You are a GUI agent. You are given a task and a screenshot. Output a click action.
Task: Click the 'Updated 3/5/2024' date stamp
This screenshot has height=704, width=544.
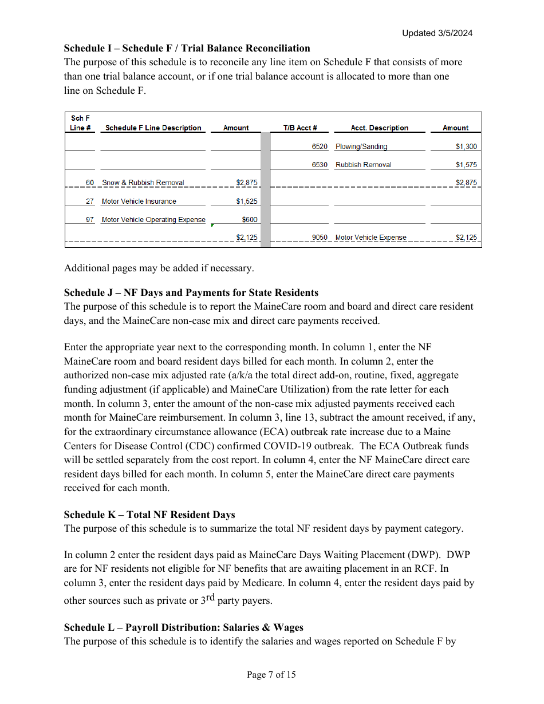point(437,33)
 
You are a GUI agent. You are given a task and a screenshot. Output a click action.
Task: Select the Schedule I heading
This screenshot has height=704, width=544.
point(187,48)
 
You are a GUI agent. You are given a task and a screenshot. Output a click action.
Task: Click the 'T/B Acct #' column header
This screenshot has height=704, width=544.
point(299,128)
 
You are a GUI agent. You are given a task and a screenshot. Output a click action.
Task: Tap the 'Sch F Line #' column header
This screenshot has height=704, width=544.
point(80,123)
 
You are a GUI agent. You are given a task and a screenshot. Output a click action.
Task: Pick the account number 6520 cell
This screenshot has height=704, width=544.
point(320,147)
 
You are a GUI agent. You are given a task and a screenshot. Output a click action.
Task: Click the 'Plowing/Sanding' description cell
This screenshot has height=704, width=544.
point(361,147)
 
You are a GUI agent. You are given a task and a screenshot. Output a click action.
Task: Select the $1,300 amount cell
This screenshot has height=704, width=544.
point(466,147)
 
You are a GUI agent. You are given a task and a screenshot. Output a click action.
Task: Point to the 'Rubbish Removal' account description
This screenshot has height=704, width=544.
point(363,165)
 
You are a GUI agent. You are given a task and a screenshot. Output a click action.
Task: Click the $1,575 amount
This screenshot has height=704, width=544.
point(466,165)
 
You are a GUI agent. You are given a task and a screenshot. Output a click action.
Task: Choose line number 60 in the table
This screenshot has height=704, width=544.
point(90,183)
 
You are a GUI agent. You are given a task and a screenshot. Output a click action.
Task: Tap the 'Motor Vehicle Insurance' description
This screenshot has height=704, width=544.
point(139,201)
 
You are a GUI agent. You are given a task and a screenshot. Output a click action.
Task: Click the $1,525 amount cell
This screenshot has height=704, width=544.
point(247,201)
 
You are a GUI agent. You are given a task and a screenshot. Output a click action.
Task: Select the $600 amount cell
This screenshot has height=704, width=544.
point(250,220)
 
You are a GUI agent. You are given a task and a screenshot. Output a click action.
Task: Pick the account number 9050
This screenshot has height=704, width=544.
point(320,238)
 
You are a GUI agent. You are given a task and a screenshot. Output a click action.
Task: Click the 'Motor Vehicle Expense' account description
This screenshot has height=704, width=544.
point(370,238)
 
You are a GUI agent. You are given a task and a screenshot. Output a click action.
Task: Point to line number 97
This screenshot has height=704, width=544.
point(90,220)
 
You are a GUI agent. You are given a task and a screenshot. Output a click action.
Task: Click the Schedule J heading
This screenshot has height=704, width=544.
point(191,292)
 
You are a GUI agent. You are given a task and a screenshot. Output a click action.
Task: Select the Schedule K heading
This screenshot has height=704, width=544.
point(149,515)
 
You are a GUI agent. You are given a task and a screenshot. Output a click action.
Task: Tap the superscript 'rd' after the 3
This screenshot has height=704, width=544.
point(210,597)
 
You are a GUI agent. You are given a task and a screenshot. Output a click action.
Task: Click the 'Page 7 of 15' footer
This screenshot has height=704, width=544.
point(271,675)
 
